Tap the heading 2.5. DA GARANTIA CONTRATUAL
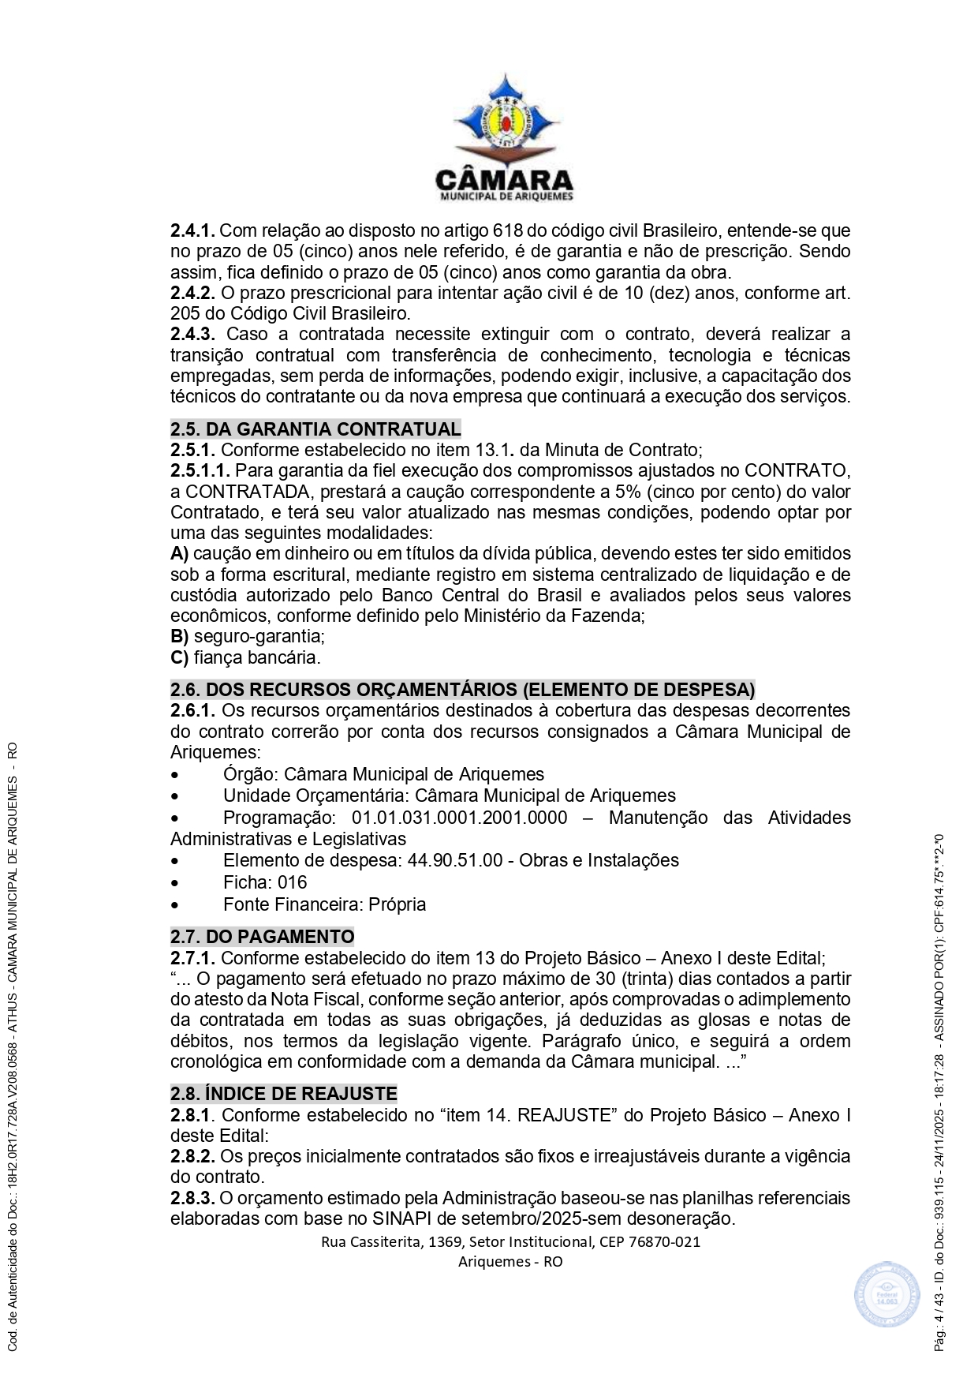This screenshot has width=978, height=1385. [315, 429]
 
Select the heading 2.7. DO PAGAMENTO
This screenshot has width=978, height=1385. [262, 937]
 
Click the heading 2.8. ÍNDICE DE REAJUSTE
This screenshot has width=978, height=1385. [283, 1094]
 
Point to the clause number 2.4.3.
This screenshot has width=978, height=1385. [192, 335]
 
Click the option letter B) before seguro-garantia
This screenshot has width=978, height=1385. [180, 637]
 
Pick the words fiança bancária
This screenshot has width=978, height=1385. [257, 657]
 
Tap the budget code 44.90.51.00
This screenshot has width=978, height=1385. [455, 860]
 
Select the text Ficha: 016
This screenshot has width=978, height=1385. [265, 882]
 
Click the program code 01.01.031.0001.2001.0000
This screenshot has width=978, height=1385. [459, 818]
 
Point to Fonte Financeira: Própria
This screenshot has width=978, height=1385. [324, 904]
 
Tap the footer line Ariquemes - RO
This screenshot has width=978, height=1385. [510, 1261]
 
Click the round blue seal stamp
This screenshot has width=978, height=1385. [887, 1295]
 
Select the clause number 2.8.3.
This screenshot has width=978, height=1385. [192, 1198]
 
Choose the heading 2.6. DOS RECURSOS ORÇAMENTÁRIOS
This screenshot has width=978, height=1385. [462, 690]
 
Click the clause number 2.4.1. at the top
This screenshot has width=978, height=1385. [192, 231]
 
